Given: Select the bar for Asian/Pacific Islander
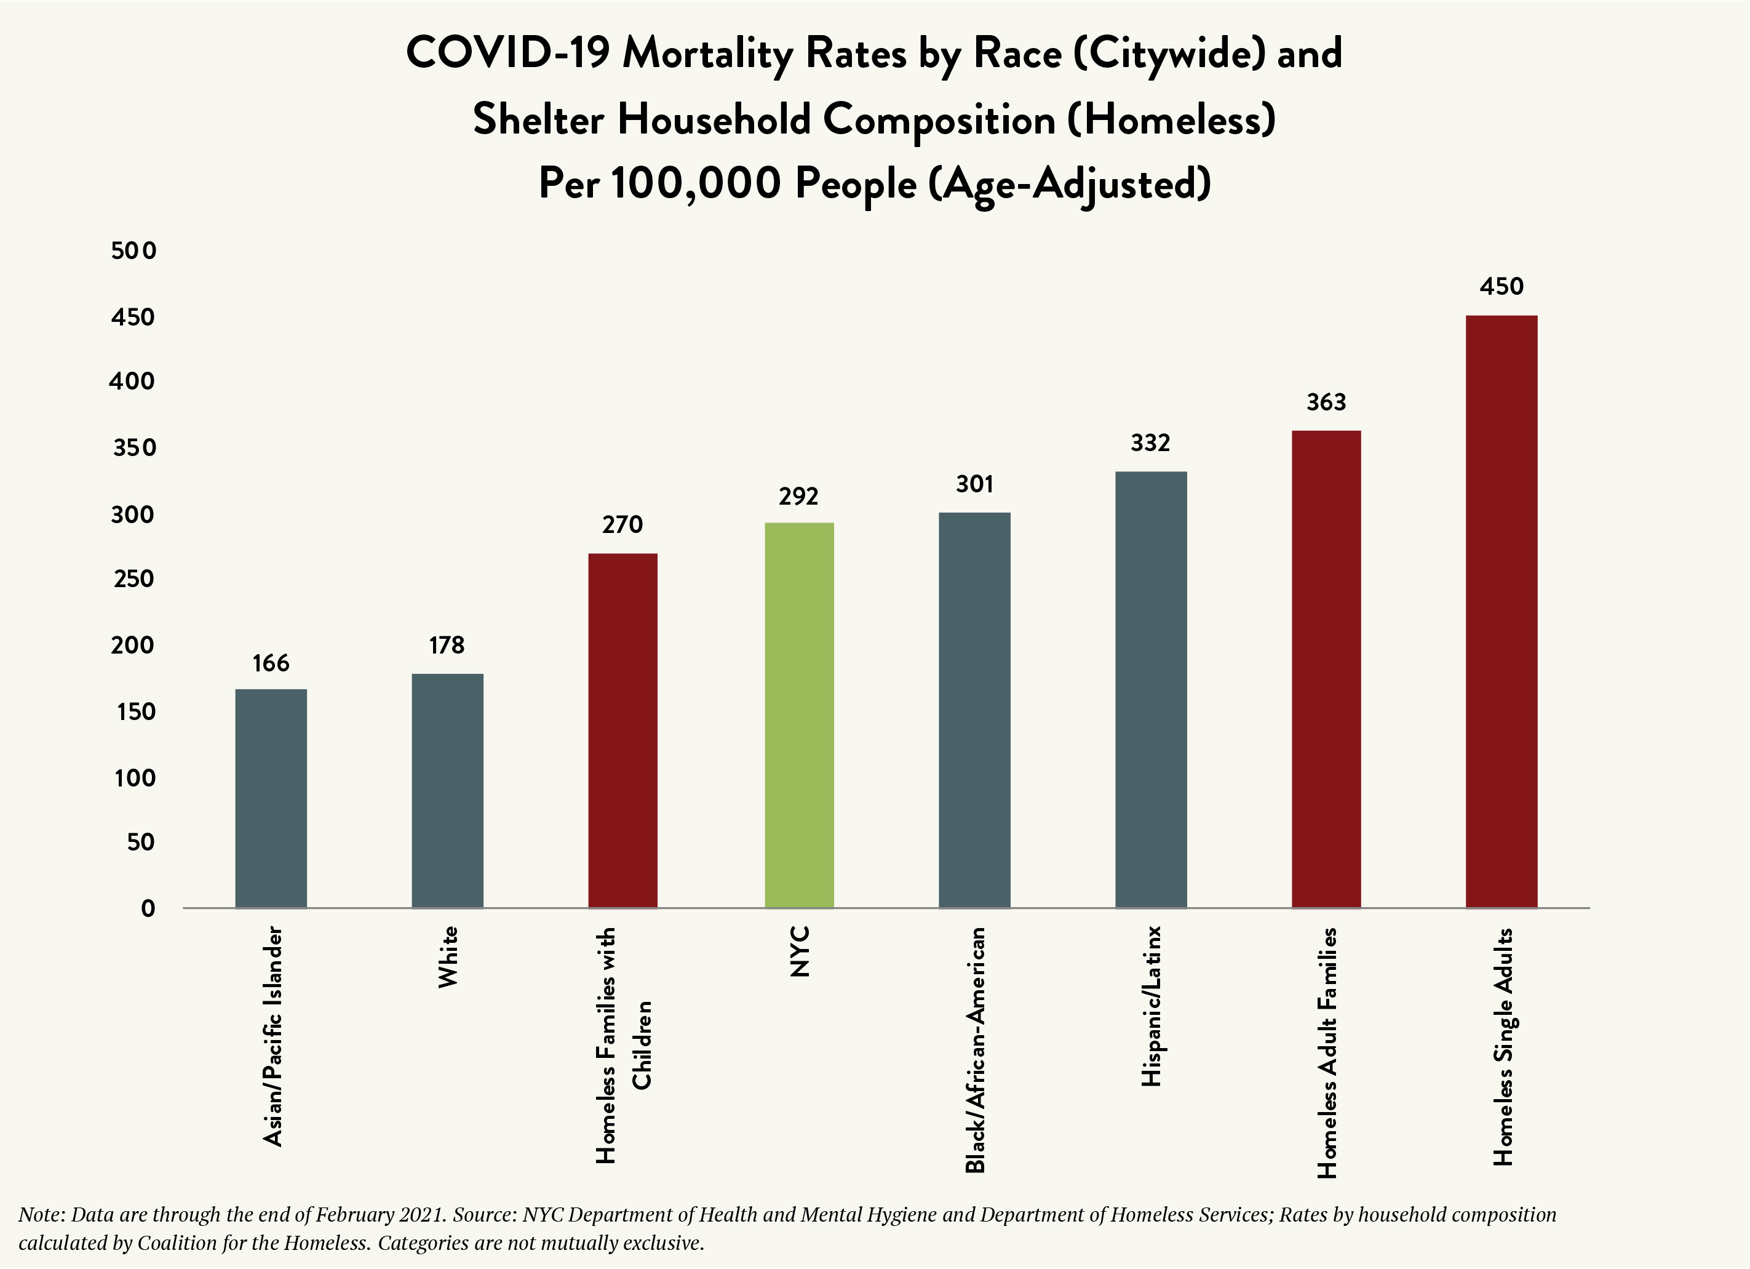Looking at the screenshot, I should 271,798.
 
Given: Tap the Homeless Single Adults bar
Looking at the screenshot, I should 1501,611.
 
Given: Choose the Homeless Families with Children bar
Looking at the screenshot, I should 622,731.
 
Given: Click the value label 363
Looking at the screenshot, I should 1326,402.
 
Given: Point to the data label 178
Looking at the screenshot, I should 447,646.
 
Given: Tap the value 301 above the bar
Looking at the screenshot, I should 974,484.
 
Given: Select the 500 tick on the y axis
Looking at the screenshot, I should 133,251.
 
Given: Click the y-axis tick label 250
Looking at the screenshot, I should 133,579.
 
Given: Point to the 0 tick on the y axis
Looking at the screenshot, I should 148,908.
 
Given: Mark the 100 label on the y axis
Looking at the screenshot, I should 135,778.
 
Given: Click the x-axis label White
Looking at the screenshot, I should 448,957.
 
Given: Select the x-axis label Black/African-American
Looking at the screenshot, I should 976,1050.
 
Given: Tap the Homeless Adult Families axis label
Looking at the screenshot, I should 1326,1053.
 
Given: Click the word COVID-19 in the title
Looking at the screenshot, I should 507,54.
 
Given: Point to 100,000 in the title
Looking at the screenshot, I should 696,184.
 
